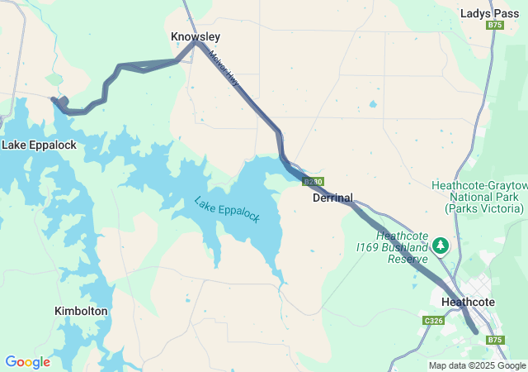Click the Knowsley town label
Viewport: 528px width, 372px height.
(x=196, y=37)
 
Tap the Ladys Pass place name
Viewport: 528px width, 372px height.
(x=489, y=13)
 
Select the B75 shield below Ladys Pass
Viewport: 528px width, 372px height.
(x=495, y=26)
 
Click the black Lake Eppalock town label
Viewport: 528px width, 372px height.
(x=39, y=145)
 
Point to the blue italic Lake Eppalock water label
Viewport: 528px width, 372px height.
(x=227, y=209)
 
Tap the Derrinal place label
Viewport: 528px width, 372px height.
(x=332, y=198)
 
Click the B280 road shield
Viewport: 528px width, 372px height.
(x=313, y=182)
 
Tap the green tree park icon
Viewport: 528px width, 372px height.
(x=441, y=246)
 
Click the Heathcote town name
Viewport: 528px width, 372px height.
(x=468, y=302)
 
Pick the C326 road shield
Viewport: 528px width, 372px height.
(x=434, y=321)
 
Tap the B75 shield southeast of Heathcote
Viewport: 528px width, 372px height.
(x=494, y=340)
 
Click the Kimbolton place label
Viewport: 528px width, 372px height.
(x=81, y=311)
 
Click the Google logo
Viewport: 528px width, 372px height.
(x=27, y=362)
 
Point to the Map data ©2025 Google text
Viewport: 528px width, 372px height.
(x=477, y=365)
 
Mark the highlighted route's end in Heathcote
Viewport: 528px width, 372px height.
(x=475, y=331)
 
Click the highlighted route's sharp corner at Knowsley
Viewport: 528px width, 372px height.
(x=196, y=43)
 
